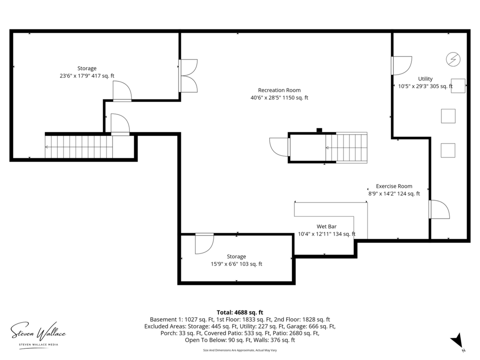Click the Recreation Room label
click(x=279, y=90)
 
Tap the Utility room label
click(x=425, y=79)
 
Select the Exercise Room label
click(x=394, y=186)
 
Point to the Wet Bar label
click(x=327, y=226)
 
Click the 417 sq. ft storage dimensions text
click(x=87, y=76)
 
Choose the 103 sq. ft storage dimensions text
click(x=236, y=264)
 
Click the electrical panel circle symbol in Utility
click(x=453, y=59)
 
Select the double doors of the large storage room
click(x=188, y=76)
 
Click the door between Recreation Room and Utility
click(x=402, y=66)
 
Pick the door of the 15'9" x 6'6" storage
click(x=204, y=243)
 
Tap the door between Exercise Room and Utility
click(x=439, y=209)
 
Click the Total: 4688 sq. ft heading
click(x=240, y=312)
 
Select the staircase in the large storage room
click(x=79, y=147)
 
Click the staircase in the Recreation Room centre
click(x=346, y=147)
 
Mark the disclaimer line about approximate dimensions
click(x=240, y=350)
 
